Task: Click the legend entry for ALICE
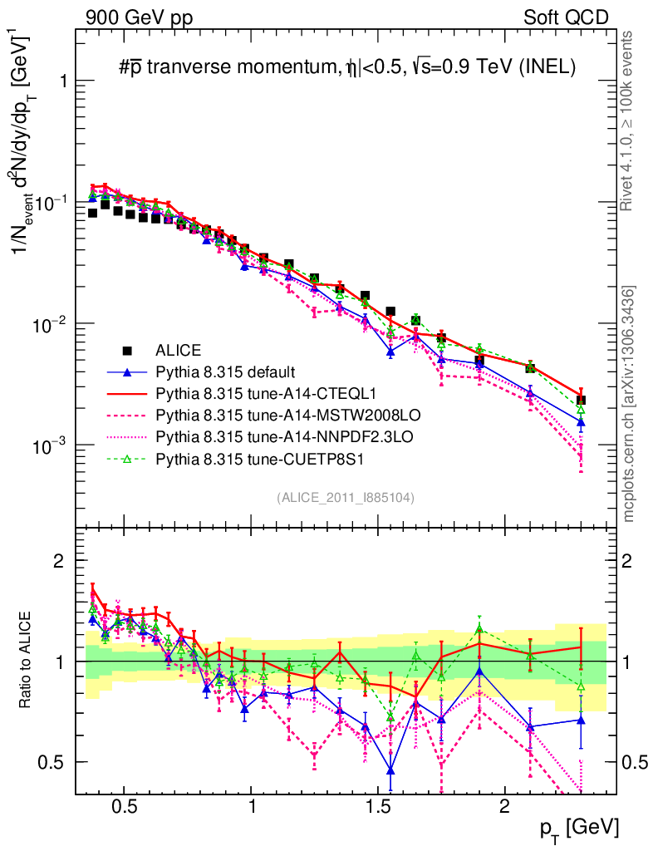coord(179,350)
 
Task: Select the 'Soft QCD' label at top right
coord(565,17)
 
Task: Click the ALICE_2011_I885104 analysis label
coord(345,497)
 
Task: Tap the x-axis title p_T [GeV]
coord(577,826)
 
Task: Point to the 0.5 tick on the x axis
coord(125,806)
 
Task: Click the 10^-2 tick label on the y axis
coord(48,324)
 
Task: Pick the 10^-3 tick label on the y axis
coord(48,446)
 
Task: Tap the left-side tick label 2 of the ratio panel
coord(59,561)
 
